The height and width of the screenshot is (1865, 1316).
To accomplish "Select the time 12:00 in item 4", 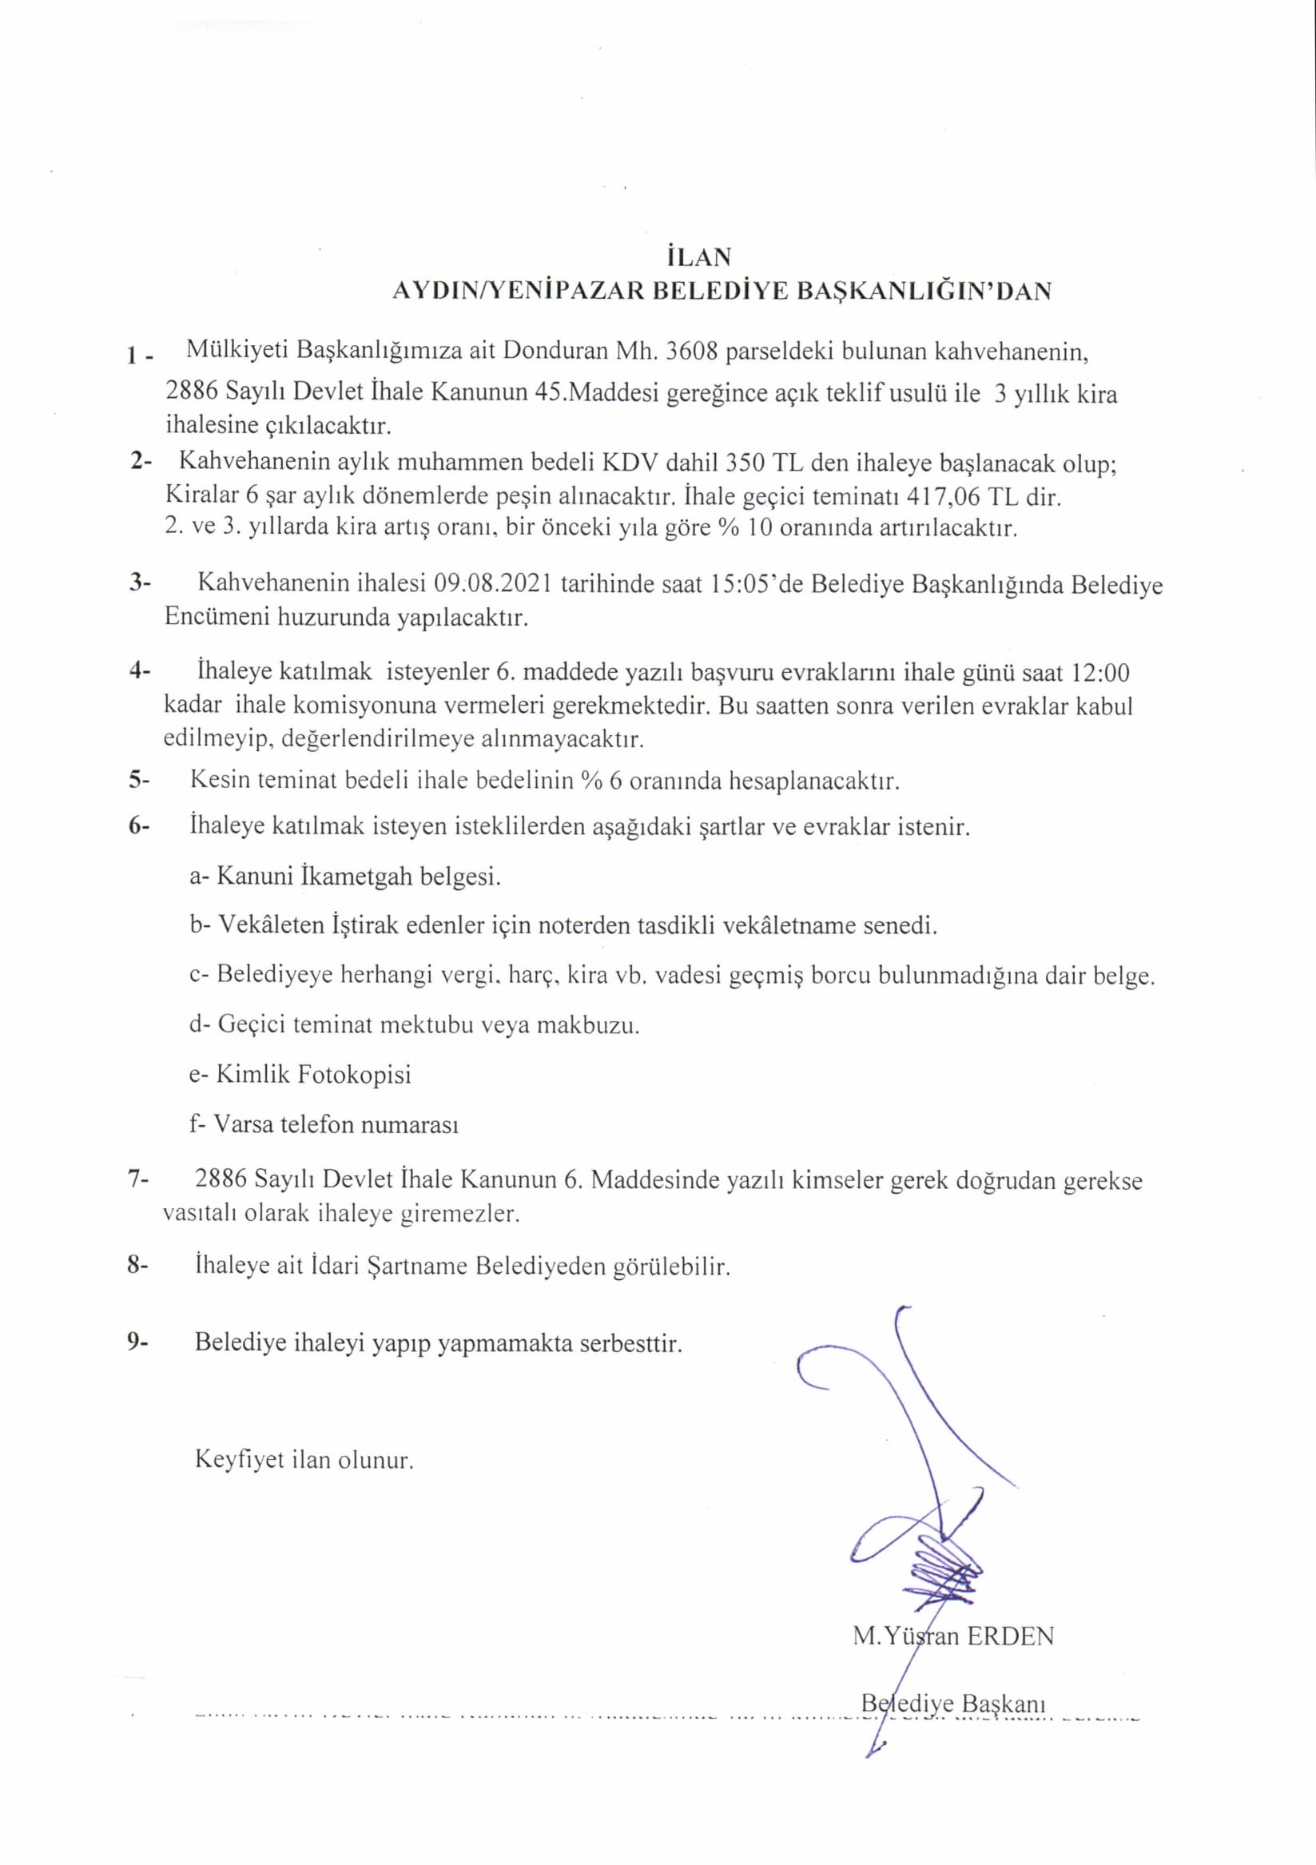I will click(1100, 673).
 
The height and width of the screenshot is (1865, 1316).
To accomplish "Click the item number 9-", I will click(138, 1342).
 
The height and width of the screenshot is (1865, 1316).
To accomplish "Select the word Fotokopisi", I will click(354, 1075).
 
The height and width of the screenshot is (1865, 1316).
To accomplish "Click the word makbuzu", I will click(597, 1025).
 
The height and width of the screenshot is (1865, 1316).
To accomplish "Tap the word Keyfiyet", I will click(241, 1460).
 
